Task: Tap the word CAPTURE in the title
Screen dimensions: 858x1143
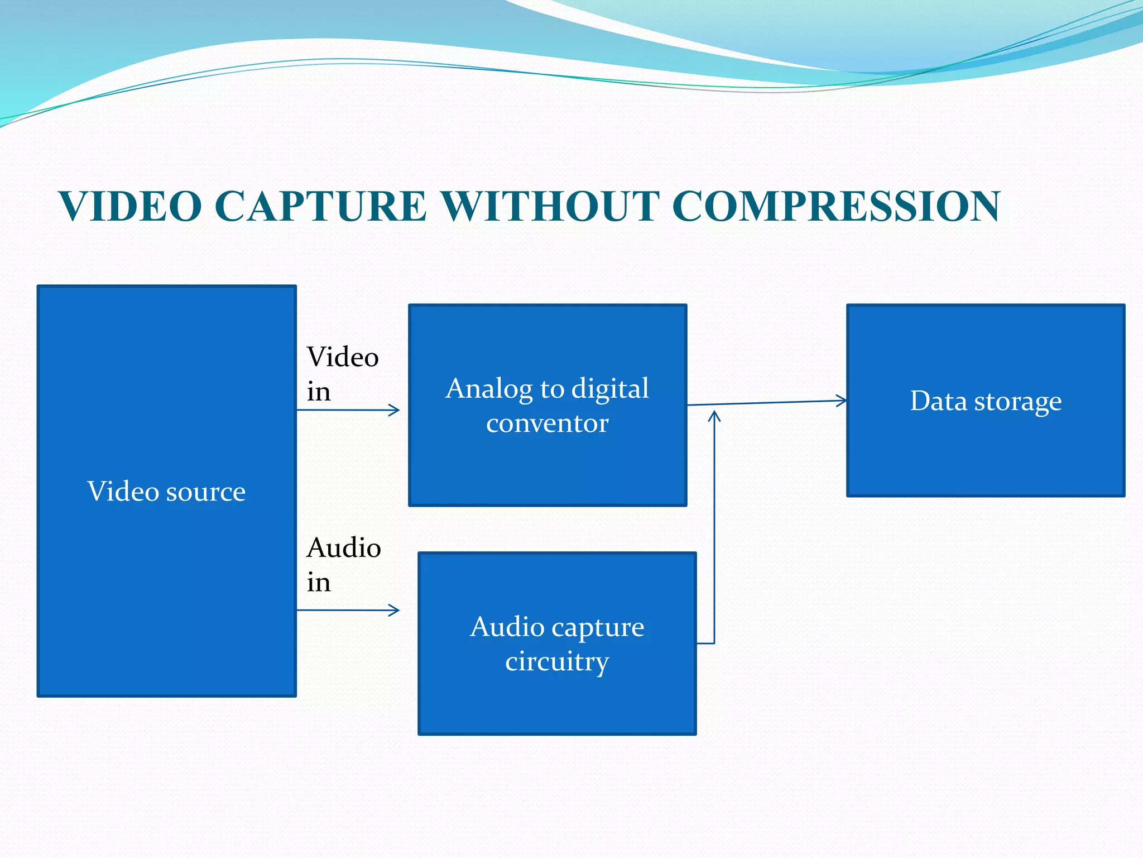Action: pos(320,206)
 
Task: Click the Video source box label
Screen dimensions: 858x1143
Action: pos(166,492)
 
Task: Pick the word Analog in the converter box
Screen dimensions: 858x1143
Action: pos(489,389)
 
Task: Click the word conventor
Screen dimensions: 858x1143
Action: pos(547,423)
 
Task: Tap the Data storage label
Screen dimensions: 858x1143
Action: pos(986,401)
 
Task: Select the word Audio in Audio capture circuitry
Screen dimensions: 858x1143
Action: pos(507,627)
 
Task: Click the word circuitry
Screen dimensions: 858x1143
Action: pos(557,661)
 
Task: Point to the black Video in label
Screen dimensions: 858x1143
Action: pos(342,373)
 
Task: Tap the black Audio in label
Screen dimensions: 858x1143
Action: pos(343,564)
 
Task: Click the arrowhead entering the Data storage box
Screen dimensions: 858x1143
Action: pos(842,401)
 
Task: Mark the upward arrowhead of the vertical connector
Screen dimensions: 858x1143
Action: pos(714,414)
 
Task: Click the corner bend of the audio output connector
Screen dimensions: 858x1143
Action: pos(714,643)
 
